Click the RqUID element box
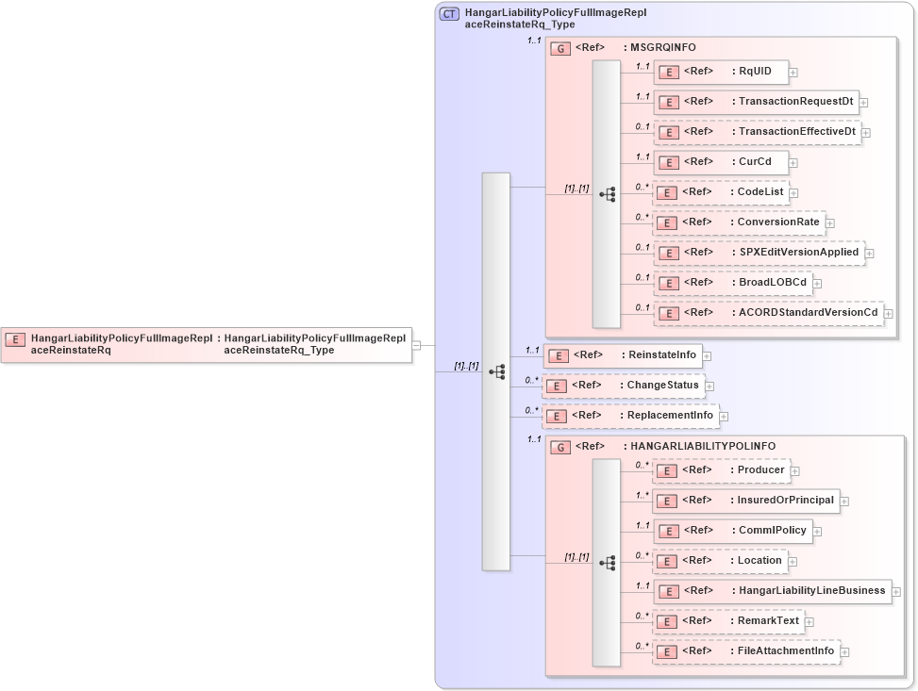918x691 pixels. pyautogui.click(x=721, y=72)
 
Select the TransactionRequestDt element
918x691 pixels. pyautogui.click(x=755, y=102)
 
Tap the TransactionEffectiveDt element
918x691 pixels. pyautogui.click(x=757, y=132)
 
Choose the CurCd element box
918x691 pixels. pyautogui.click(x=721, y=162)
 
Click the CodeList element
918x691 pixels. pyautogui.click(x=721, y=192)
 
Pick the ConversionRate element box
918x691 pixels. pyautogui.click(x=739, y=222)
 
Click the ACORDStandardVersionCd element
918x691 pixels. pyautogui.click(x=768, y=313)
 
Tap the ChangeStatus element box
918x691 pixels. pyautogui.click(x=624, y=386)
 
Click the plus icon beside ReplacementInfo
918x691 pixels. pyautogui.click(x=724, y=416)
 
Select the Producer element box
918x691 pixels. pyautogui.click(x=722, y=470)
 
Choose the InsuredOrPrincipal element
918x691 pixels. pyautogui.click(x=746, y=501)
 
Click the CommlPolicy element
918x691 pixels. pyautogui.click(x=733, y=531)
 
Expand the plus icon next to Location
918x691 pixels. pyautogui.click(x=794, y=561)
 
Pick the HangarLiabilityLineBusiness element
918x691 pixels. pyautogui.click(x=772, y=591)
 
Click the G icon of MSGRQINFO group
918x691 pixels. pyautogui.click(x=560, y=48)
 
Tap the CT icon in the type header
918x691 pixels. pyautogui.click(x=450, y=13)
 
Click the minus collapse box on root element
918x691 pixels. pyautogui.click(x=416, y=345)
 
